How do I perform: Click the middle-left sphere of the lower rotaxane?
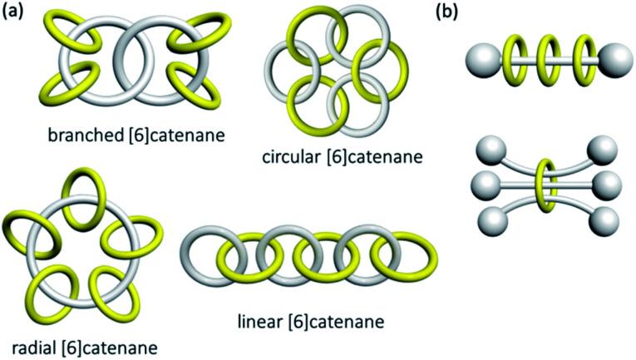[486, 183]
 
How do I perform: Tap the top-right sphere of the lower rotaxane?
[604, 153]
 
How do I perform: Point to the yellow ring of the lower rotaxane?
[546, 184]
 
